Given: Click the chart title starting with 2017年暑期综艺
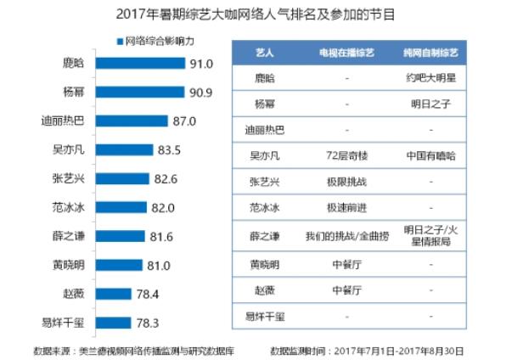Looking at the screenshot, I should click(255, 14).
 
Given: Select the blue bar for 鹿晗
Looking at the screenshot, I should click(140, 64).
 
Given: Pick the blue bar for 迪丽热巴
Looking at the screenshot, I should click(135, 121).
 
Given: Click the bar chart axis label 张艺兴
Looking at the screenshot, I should click(67, 179).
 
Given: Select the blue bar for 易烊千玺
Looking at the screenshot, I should click(113, 323).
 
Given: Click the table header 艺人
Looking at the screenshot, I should click(264, 53).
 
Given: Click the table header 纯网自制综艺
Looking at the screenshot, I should click(430, 53).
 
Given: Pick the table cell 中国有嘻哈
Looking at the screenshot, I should click(430, 157).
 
